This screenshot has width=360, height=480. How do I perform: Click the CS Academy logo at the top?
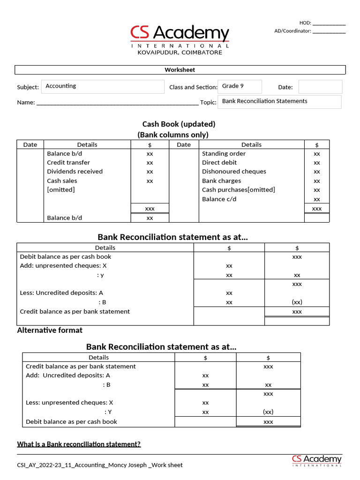[180, 35]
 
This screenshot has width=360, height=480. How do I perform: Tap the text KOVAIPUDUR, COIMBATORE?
[180, 52]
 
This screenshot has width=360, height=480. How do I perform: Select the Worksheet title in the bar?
[180, 70]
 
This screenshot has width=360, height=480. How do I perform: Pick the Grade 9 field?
[239, 86]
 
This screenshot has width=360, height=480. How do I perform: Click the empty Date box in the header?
[320, 87]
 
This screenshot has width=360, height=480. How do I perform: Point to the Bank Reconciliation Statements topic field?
[279, 101]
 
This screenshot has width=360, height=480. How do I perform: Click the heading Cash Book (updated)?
[179, 124]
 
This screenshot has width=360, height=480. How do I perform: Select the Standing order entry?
[224, 154]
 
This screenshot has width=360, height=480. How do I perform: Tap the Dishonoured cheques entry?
[234, 172]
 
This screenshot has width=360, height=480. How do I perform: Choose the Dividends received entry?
[75, 172]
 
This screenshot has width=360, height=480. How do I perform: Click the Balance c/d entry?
[219, 199]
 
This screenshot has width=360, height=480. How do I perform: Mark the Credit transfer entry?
[68, 163]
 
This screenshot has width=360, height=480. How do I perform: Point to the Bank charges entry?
[221, 181]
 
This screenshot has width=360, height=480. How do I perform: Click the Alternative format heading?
[50, 330]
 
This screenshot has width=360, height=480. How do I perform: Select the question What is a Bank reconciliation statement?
[79, 444]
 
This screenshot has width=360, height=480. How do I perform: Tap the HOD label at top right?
[305, 23]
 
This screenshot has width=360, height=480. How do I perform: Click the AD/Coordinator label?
[292, 31]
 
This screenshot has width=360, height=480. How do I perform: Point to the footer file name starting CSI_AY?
[99, 465]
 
